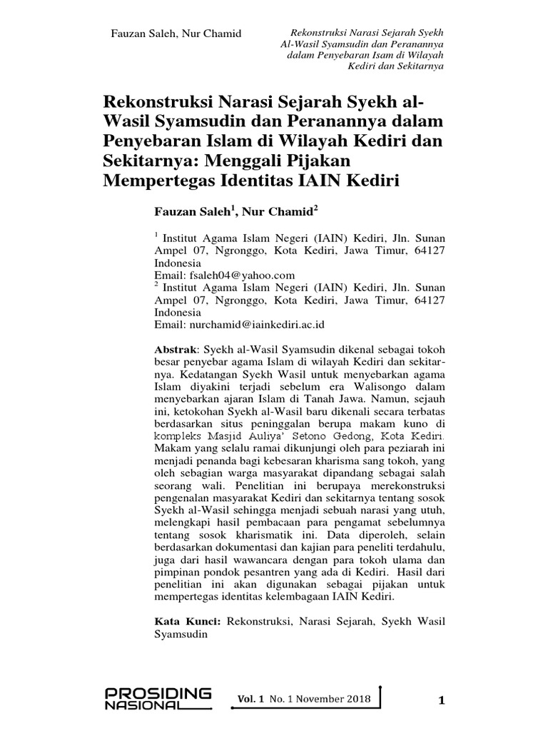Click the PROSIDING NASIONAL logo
click(x=158, y=698)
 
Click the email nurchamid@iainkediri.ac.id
click(x=257, y=324)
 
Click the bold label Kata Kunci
click(x=188, y=622)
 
